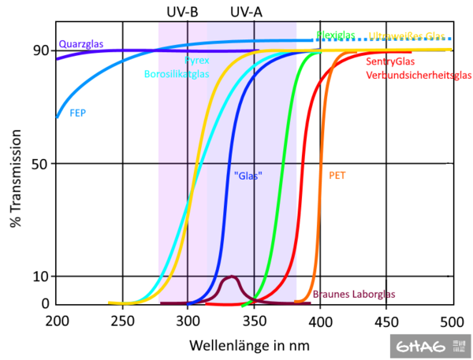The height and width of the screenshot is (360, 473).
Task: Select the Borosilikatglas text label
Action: pos(175,73)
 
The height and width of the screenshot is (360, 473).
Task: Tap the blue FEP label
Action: pos(77,113)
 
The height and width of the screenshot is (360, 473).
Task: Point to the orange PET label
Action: pos(337,176)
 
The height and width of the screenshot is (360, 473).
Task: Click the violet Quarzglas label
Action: pos(81,44)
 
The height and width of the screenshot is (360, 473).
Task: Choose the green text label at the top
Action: pos(335,35)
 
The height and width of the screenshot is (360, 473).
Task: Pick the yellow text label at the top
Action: pos(407,36)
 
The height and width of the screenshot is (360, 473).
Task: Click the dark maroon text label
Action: pos(354,294)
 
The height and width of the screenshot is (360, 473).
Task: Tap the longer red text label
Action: pos(419,75)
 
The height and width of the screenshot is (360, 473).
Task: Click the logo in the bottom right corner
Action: pos(430,344)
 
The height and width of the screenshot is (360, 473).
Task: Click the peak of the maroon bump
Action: pos(230,277)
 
